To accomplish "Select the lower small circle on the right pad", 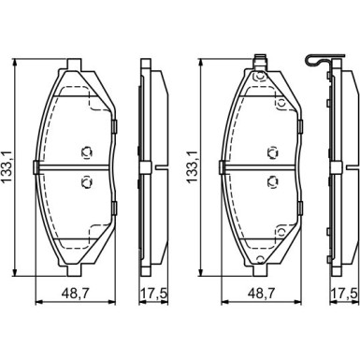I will pyautogui.click(x=273, y=182).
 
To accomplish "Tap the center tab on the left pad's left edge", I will pyautogui.click(x=36, y=167).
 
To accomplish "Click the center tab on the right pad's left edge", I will pyautogui.click(x=223, y=167).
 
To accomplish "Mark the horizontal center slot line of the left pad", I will pyautogui.click(x=75, y=167).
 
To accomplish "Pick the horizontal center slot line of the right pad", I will pyautogui.click(x=263, y=167).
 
